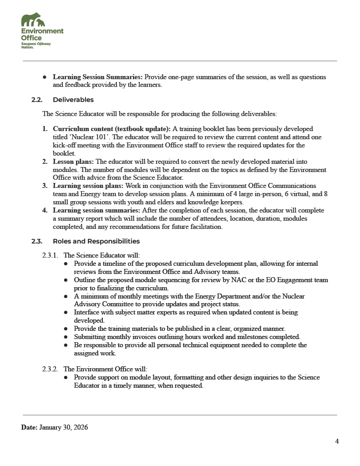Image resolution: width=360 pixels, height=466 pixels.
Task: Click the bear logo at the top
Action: click(x=33, y=20)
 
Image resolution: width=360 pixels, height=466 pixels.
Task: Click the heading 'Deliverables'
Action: click(x=73, y=100)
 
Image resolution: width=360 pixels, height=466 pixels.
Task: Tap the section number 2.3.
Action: click(x=37, y=241)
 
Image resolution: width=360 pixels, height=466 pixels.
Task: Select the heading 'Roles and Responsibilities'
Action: click(x=96, y=241)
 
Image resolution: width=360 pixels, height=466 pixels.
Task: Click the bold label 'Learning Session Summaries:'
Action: click(x=98, y=77)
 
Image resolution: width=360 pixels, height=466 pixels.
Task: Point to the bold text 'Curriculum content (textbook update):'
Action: click(x=112, y=129)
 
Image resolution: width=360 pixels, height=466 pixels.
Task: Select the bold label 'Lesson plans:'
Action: click(x=73, y=162)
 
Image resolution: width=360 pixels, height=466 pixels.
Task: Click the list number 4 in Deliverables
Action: click(x=45, y=210)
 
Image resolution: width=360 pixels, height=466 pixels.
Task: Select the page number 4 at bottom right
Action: click(x=337, y=441)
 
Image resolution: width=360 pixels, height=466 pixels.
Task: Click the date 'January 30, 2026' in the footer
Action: click(x=64, y=427)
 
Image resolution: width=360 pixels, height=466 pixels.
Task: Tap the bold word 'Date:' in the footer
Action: click(x=29, y=427)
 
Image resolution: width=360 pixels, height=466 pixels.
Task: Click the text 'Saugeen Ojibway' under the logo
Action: click(x=36, y=43)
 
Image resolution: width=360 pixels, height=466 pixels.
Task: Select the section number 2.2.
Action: click(x=37, y=100)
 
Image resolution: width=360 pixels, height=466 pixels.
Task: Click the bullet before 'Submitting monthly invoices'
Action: click(x=66, y=337)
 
